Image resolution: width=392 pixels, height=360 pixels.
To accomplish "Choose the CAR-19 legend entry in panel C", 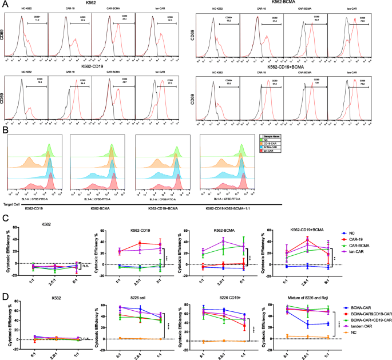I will click(365, 223).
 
